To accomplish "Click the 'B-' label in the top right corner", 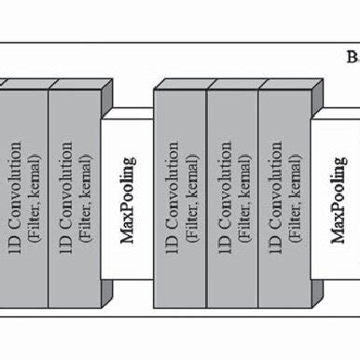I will pyautogui.click(x=352, y=56).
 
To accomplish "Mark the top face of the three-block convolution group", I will pyautogui.click(x=237, y=85).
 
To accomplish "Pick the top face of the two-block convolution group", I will pyautogui.click(x=56, y=85).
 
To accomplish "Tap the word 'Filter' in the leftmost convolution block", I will pyautogui.click(x=31, y=219).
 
